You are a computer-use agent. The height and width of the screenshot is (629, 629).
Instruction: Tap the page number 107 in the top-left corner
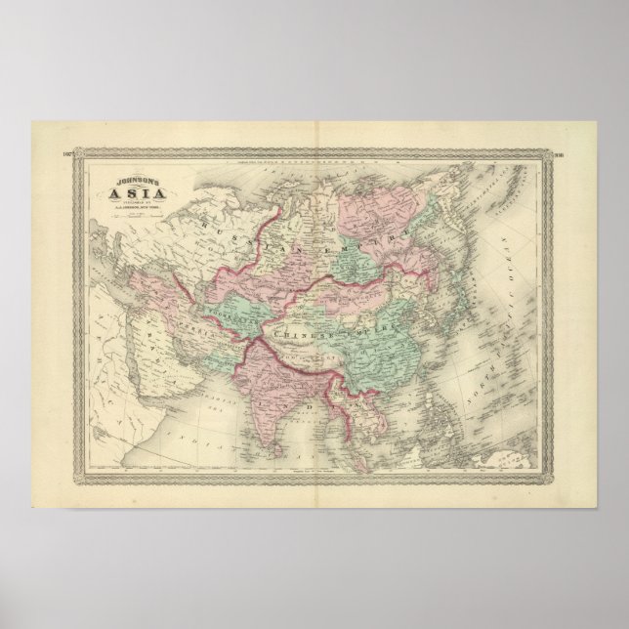pyautogui.click(x=67, y=154)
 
